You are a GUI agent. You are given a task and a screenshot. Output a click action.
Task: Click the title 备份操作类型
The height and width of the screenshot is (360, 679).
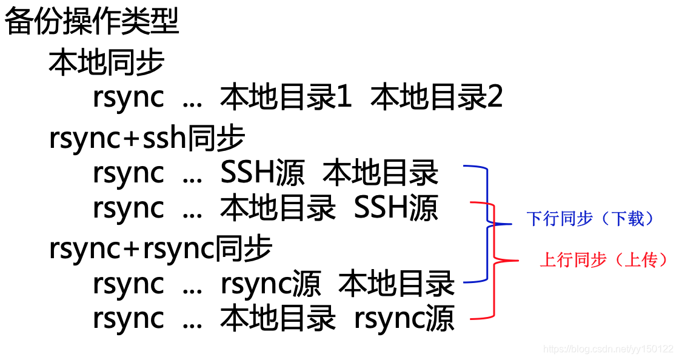click(x=92, y=22)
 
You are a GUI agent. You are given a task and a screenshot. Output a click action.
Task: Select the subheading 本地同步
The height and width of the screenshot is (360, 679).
click(x=107, y=62)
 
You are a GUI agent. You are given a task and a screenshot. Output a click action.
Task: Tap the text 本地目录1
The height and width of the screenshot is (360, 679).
click(x=286, y=97)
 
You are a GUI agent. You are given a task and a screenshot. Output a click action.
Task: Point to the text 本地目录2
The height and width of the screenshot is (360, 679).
click(x=436, y=97)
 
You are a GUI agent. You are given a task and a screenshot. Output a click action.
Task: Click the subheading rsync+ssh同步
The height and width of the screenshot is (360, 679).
click(x=147, y=139)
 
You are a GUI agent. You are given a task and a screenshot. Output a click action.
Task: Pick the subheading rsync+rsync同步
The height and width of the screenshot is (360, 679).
click(x=161, y=248)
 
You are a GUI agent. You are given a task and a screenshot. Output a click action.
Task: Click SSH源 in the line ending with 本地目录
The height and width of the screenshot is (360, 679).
click(x=263, y=173)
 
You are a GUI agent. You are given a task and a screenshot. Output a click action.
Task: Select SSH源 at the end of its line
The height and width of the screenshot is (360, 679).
click(x=396, y=208)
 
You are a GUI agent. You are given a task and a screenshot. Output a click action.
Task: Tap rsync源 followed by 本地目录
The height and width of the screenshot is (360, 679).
click(x=270, y=284)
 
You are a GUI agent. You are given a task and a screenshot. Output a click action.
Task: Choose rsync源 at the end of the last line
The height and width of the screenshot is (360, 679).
click(x=404, y=319)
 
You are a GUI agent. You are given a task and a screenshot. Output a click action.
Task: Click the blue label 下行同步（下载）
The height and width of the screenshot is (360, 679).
click(x=591, y=219)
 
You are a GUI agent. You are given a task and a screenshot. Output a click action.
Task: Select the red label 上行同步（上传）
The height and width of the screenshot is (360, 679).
click(x=604, y=260)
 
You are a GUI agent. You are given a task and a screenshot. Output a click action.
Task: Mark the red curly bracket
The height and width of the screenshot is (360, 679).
click(x=497, y=261)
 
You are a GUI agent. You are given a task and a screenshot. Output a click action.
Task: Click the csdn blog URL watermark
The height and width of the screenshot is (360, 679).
click(x=608, y=349)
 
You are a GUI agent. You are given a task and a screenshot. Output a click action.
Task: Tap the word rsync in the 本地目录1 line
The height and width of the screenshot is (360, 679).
click(x=129, y=97)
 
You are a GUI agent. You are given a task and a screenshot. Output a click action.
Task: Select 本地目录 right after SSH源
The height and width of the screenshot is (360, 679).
click(x=381, y=173)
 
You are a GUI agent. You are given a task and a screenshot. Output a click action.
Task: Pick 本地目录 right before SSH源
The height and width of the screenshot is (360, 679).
click(x=278, y=208)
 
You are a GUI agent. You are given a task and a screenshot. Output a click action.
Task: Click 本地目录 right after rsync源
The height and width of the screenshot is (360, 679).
click(x=396, y=284)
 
